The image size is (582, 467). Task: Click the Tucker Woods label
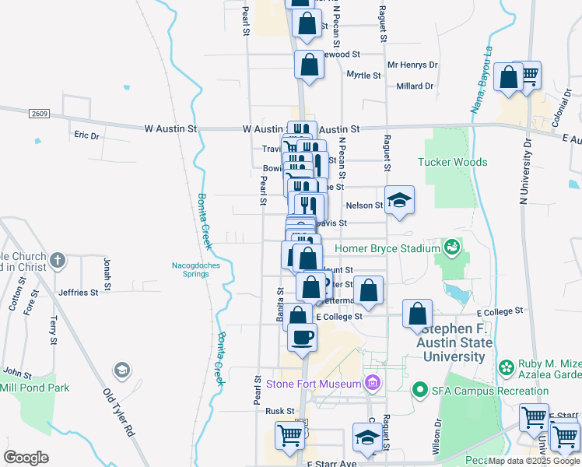coord(452,162)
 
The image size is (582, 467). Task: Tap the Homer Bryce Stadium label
coord(387,249)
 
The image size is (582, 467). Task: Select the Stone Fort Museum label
coord(313,384)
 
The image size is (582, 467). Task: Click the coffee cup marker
coord(302,337)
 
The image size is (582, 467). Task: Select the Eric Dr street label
coord(87,135)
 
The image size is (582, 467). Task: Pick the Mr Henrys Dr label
coord(412,65)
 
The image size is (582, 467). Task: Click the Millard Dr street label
coord(413,86)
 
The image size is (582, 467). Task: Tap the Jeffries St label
coord(78,293)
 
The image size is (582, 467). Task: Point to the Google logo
coord(26,457)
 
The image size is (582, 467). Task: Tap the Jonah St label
coord(107,271)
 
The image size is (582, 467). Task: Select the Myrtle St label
coord(363,75)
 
